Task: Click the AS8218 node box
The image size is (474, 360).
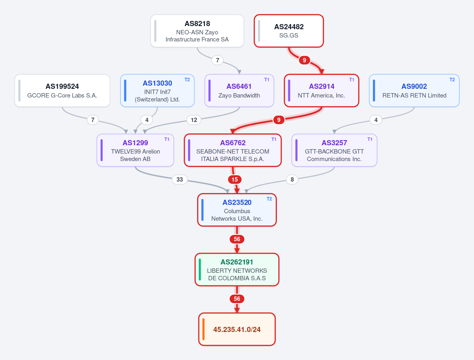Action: coord(197,31)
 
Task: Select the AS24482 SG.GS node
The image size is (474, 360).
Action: coord(289,31)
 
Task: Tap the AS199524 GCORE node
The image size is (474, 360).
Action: coord(62,91)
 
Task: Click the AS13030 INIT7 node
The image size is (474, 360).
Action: coord(157,91)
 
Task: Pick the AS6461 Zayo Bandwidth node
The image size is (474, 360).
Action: coord(239,91)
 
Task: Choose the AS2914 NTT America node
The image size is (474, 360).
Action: coord(322,91)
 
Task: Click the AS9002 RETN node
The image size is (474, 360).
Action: coord(414,91)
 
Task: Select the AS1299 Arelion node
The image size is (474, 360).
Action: coord(135,150)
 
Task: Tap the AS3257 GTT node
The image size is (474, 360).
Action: coord(334,150)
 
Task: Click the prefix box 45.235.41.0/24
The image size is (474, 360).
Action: coord(237,329)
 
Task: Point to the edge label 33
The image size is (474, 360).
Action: coord(180,180)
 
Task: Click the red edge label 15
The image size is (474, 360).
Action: coord(235,180)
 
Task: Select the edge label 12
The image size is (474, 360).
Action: coord(194,120)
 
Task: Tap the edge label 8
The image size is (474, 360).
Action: coord(292,180)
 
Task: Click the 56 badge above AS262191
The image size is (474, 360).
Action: coord(237,239)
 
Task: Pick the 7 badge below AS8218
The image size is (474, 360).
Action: coord(218,60)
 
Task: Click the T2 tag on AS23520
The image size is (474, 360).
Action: coord(269,199)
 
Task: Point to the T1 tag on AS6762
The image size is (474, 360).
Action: coord(274,139)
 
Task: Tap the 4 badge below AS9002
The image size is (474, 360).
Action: coord(376,120)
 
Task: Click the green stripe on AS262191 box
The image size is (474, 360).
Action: coord(200,270)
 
